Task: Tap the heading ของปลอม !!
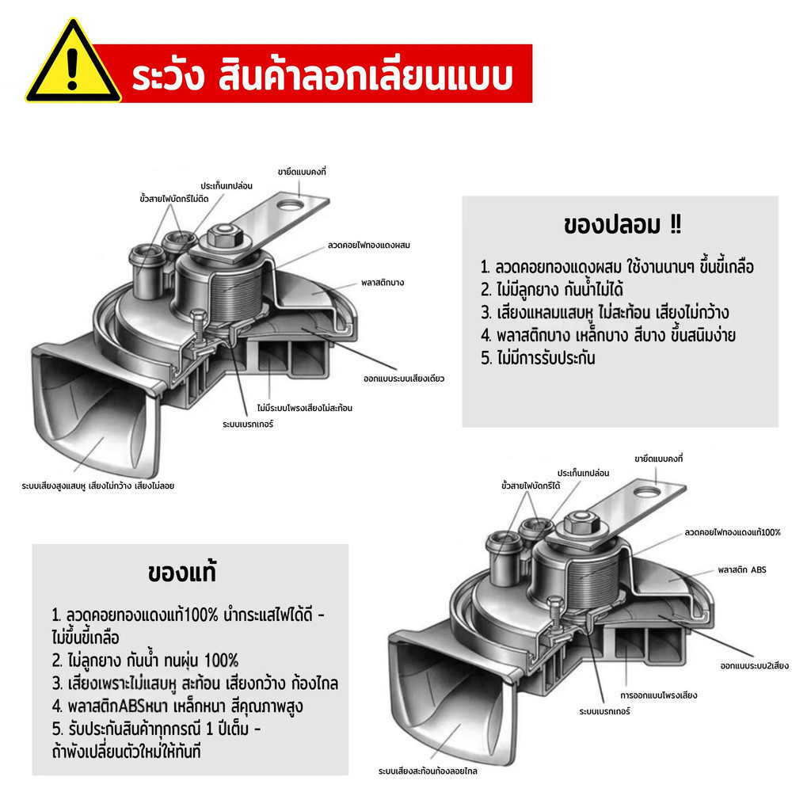click(623, 225)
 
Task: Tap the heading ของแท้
click(181, 572)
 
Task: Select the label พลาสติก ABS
click(741, 570)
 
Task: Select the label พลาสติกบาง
click(383, 283)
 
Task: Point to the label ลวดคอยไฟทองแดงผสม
click(369, 246)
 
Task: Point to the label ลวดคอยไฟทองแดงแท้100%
click(733, 532)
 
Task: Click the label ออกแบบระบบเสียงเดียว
click(404, 379)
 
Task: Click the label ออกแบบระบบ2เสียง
click(755, 665)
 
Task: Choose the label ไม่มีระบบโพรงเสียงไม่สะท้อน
click(305, 408)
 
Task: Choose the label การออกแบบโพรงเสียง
click(658, 695)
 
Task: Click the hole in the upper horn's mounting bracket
click(291, 205)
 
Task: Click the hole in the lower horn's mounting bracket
click(648, 492)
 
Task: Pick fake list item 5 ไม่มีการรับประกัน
click(538, 358)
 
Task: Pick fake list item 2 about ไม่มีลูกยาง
click(552, 290)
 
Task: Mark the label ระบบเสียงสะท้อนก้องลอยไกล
click(428, 771)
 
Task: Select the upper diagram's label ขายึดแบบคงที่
click(302, 172)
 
